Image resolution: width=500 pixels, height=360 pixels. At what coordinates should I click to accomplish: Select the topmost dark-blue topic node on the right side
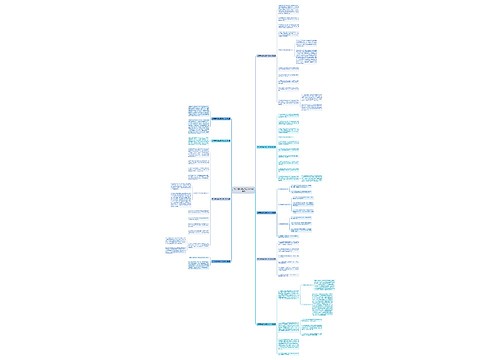(271, 55)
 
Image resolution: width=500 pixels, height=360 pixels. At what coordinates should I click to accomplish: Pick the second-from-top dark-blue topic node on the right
(271, 147)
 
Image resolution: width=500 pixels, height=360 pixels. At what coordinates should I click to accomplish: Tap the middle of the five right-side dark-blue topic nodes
(271, 212)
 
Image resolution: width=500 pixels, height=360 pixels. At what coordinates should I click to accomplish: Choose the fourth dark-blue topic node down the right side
(271, 259)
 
